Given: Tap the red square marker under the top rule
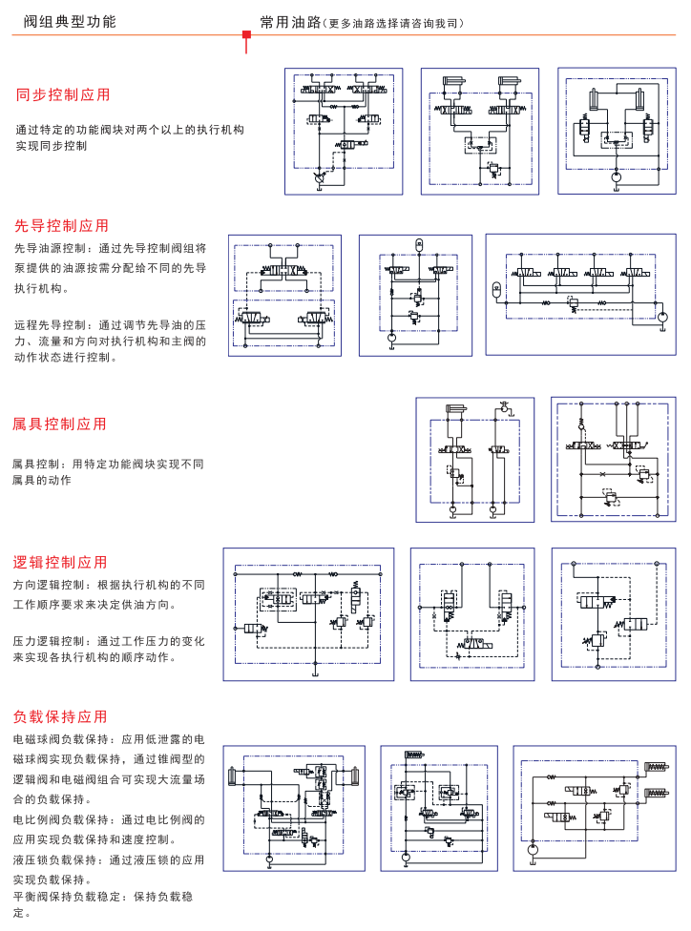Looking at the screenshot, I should point(246,36).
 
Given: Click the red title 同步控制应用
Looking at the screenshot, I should point(63,94).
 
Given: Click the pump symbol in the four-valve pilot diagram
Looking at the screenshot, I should point(662,315).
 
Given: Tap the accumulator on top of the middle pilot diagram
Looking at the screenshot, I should point(417,245).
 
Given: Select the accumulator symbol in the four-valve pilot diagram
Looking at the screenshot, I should point(496,289).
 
